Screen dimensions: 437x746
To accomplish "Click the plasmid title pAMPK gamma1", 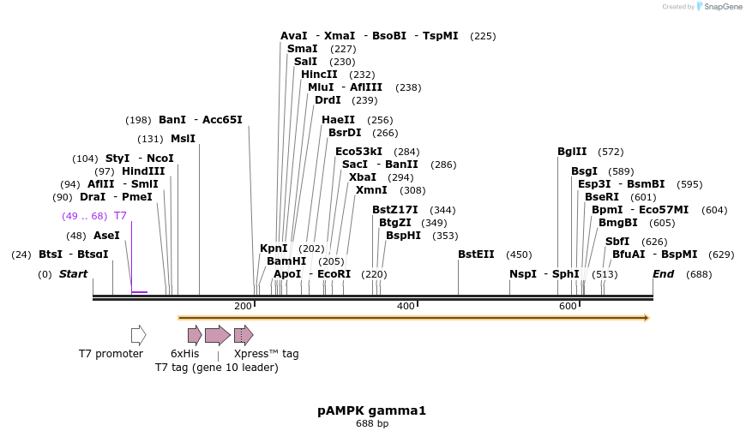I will pyautogui.click(x=371, y=410).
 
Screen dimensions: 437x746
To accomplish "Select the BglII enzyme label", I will pyautogui.click(x=572, y=152).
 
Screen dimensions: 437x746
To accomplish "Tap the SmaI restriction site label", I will pyautogui.click(x=302, y=49).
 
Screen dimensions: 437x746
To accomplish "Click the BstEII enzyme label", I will pyautogui.click(x=476, y=254).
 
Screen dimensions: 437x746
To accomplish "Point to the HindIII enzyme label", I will pyautogui.click(x=143, y=171).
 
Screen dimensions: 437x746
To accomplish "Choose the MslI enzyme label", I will pyautogui.click(x=183, y=139).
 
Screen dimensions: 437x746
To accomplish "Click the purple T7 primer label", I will pyautogui.click(x=120, y=216).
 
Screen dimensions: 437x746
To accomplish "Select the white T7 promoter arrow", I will pyautogui.click(x=138, y=335).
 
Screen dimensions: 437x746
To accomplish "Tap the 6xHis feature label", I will pyautogui.click(x=184, y=354).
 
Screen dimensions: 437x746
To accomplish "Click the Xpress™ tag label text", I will pyautogui.click(x=266, y=354).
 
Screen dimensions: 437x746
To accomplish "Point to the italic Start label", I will pyautogui.click(x=73, y=274).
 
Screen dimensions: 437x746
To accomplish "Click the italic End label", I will pyautogui.click(x=663, y=274).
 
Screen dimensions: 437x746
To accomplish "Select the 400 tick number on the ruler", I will pyautogui.click(x=406, y=306).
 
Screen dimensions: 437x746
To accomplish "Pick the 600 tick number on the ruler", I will pyautogui.click(x=568, y=306).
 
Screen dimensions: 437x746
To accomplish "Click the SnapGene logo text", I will pyautogui.click(x=719, y=7).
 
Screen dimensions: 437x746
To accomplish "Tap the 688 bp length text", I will pyautogui.click(x=372, y=423).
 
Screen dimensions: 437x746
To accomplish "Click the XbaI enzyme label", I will pyautogui.click(x=362, y=177).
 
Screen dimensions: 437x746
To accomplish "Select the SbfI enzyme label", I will pyautogui.click(x=617, y=242).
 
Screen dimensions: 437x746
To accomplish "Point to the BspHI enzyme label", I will pyautogui.click(x=403, y=236).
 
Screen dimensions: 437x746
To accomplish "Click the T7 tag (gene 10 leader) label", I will pyautogui.click(x=216, y=368).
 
